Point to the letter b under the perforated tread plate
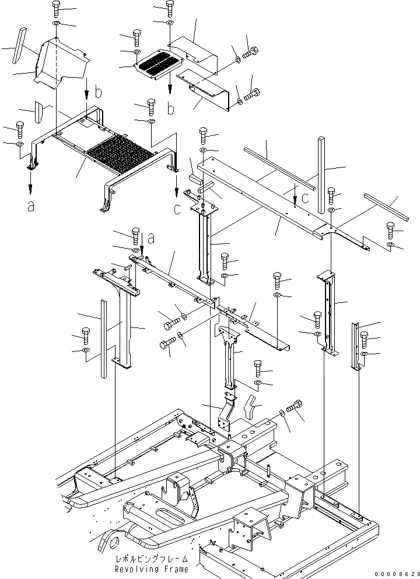coord(170,109)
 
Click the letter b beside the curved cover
coord(99,92)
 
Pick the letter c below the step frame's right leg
coord(176,209)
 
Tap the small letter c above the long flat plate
coord(306,189)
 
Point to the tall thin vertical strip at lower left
coord(104,339)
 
